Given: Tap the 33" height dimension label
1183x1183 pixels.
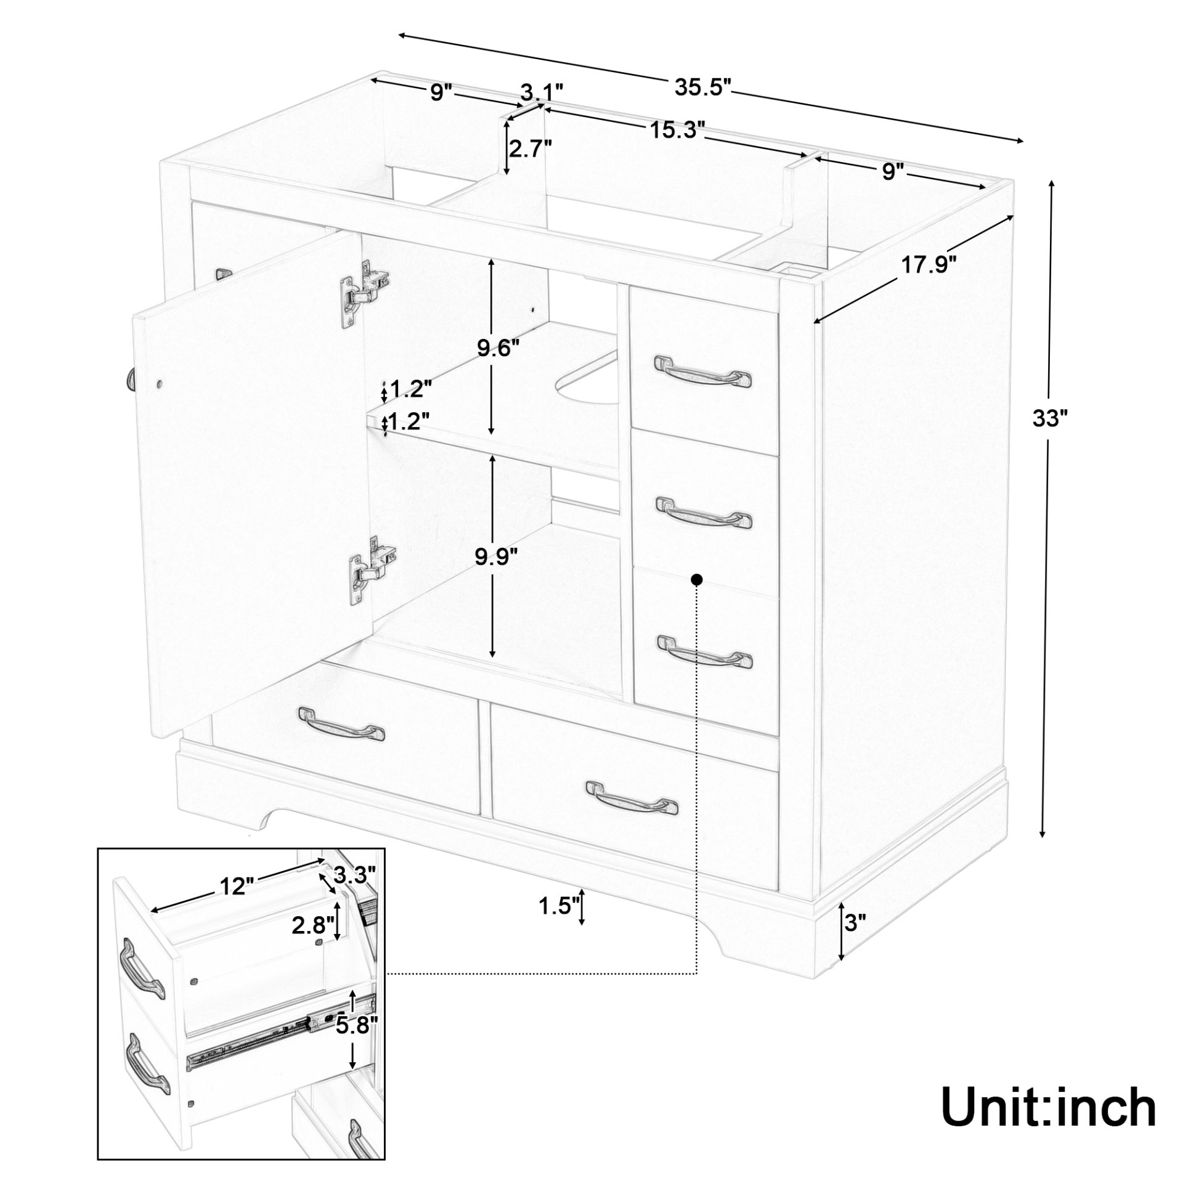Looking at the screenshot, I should coord(1050,419).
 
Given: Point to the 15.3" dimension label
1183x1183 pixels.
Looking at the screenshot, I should coord(676,130).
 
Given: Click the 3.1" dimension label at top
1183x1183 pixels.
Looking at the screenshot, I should coord(542,92).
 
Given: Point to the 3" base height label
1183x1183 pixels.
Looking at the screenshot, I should coord(855,939).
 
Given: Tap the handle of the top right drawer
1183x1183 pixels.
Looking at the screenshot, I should coord(702,371).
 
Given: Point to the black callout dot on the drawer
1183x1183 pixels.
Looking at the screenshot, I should coord(697,579).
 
